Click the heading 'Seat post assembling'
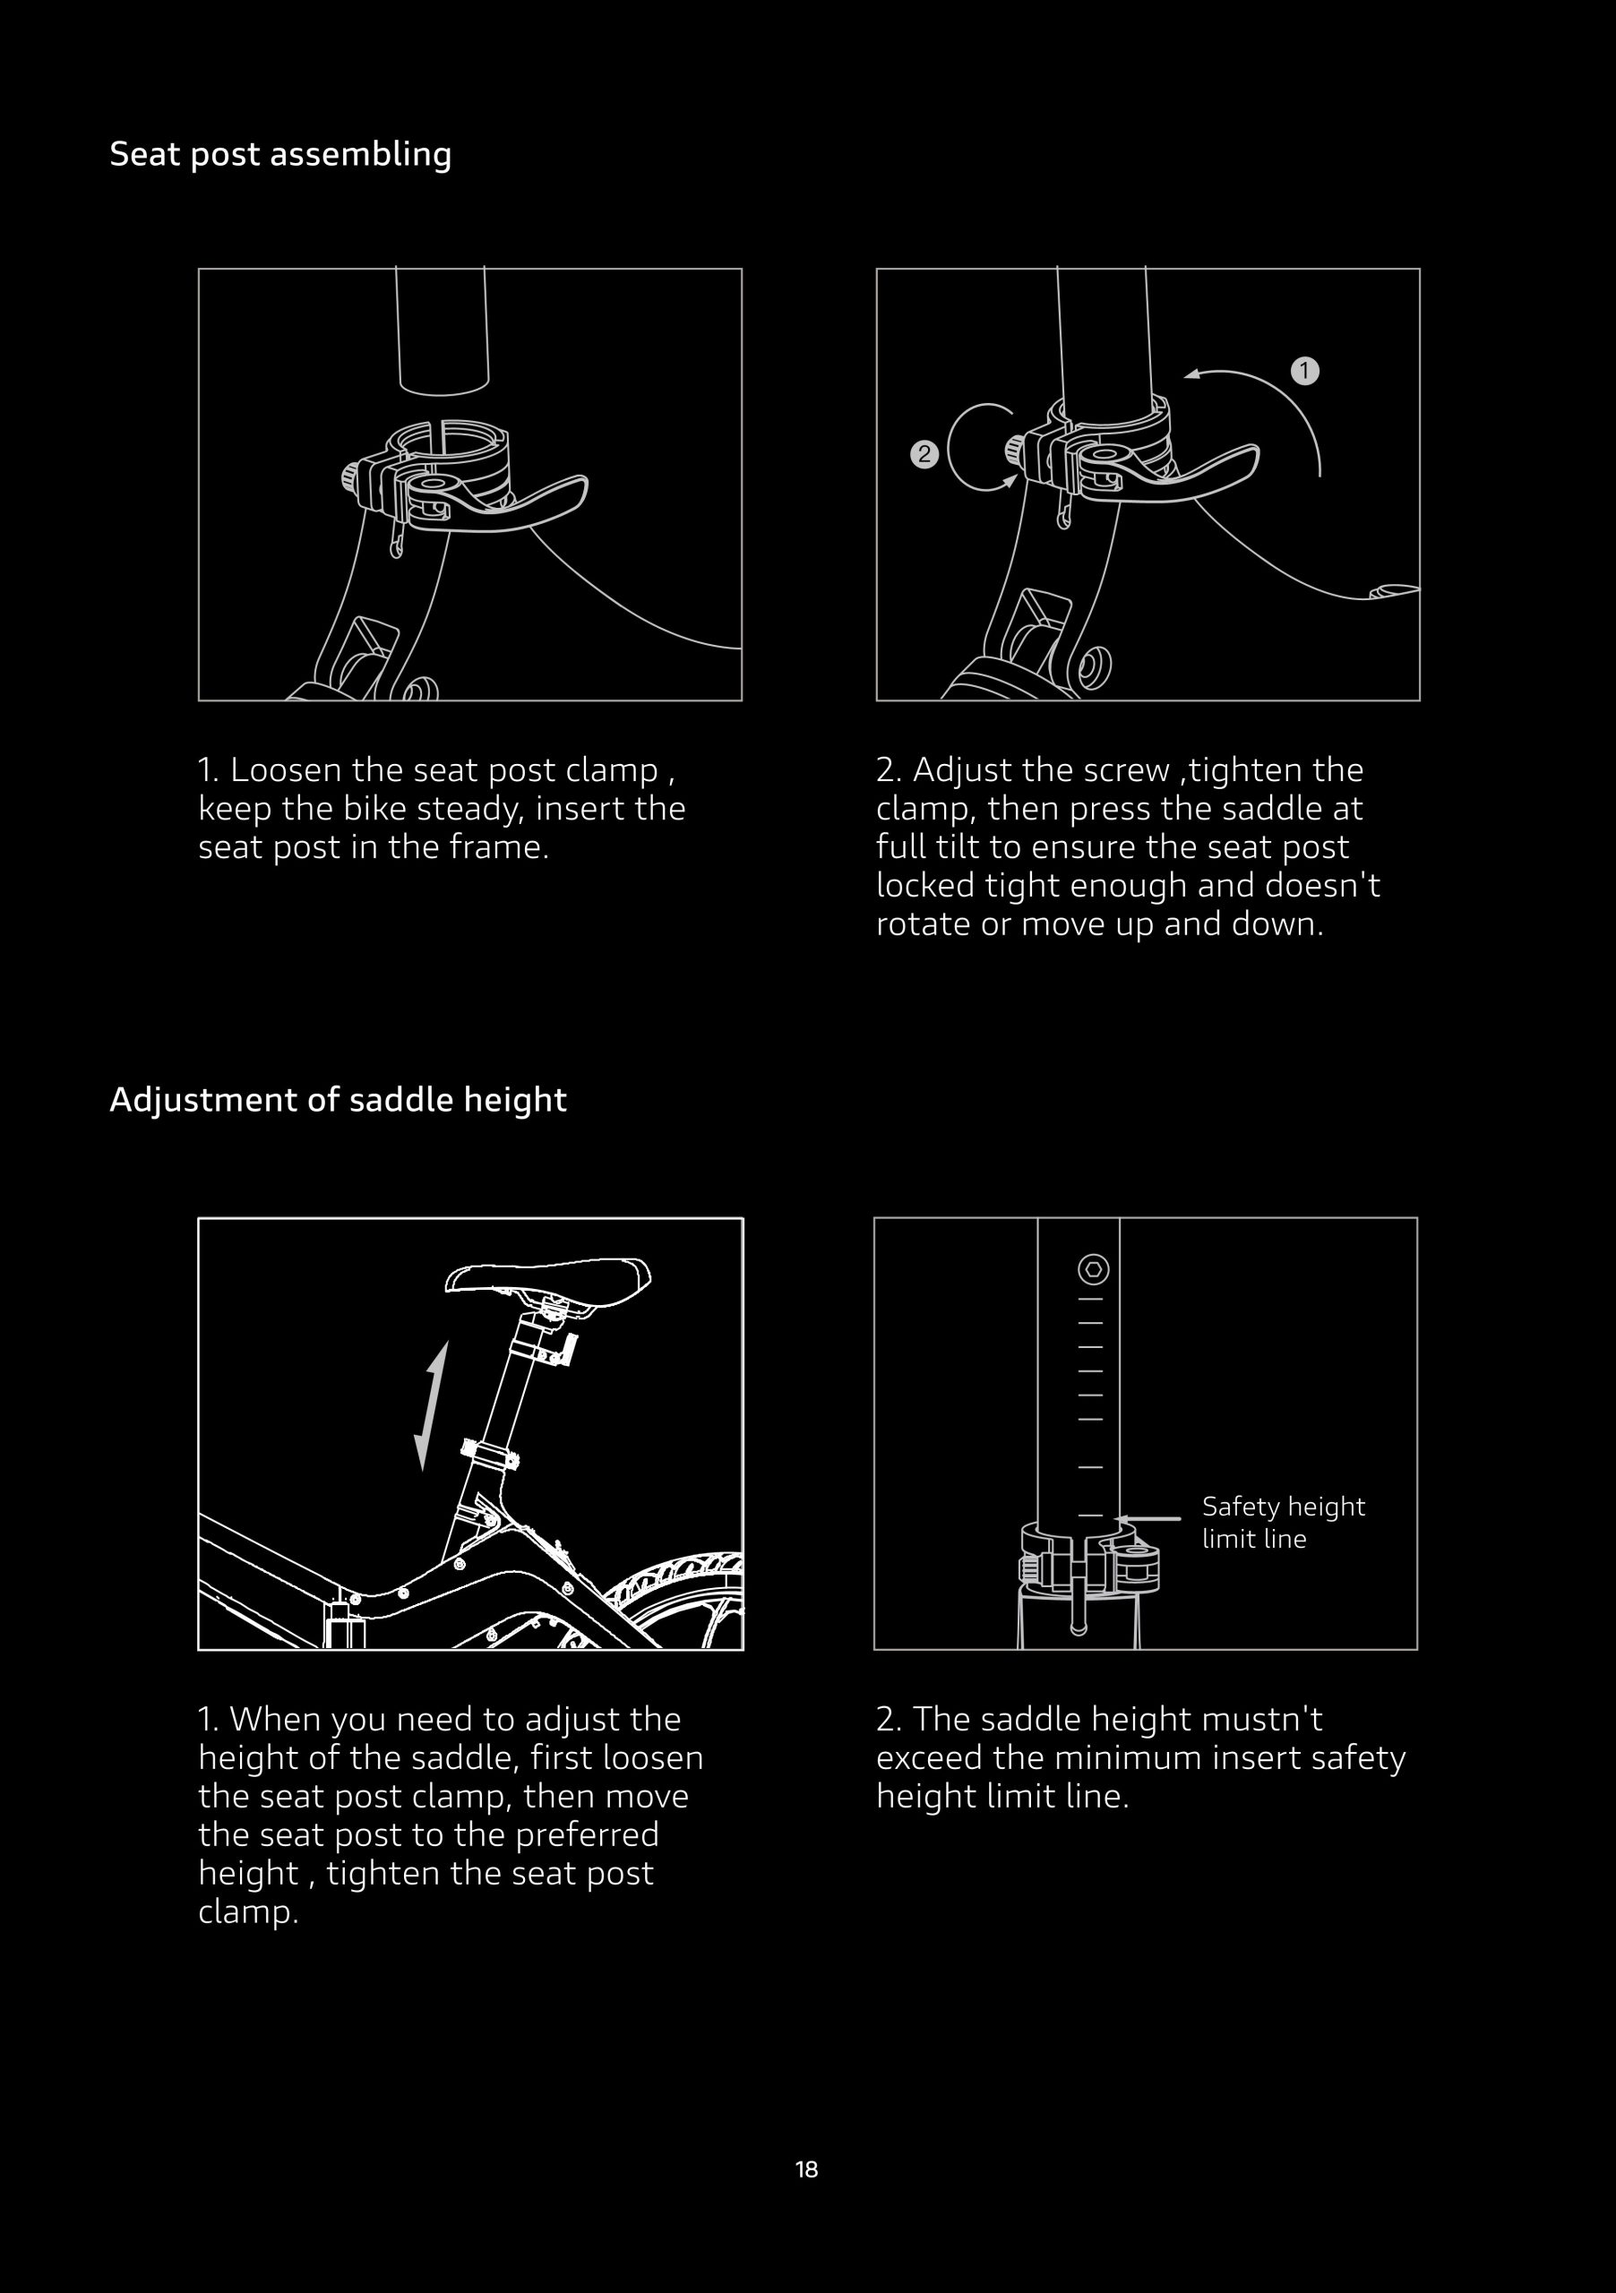point(280,155)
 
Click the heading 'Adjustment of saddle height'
point(339,1100)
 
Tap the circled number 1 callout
point(1304,372)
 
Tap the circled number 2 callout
point(924,454)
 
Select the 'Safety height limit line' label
point(1284,1522)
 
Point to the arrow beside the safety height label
point(1147,1519)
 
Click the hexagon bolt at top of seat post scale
point(1094,1269)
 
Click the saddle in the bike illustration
point(548,1278)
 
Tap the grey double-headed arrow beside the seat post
point(432,1405)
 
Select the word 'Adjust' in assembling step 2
point(958,771)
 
